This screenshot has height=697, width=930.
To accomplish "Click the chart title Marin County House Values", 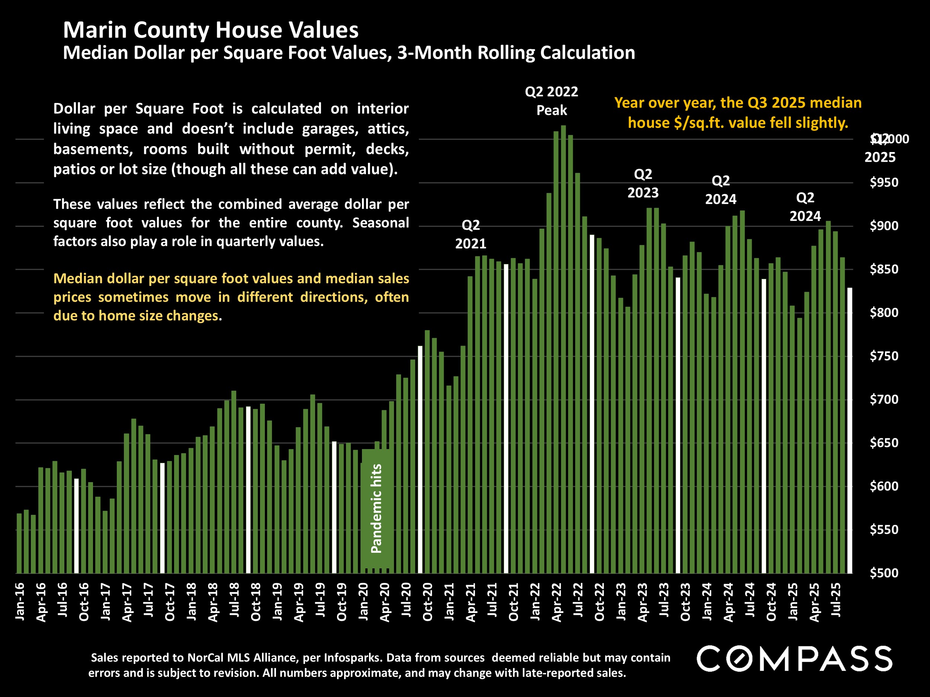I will coord(211,30).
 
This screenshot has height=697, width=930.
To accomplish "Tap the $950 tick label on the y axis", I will coord(884,183).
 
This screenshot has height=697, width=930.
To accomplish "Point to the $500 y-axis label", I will coord(884,573).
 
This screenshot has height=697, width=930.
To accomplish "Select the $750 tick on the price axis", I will coord(884,356).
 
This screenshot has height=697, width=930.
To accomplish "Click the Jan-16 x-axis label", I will coord(20,601).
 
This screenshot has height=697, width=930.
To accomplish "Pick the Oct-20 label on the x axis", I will coord(427,601).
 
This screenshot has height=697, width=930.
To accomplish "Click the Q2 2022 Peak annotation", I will coord(552,101).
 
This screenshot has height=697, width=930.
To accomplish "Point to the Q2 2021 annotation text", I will coord(471,235).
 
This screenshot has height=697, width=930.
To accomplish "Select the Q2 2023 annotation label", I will coord(643,184).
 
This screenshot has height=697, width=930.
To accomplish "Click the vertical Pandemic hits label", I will coord(376,509).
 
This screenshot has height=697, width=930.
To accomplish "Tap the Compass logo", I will coord(794,659).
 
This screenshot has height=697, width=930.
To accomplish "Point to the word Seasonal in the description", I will coord(381,223).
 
